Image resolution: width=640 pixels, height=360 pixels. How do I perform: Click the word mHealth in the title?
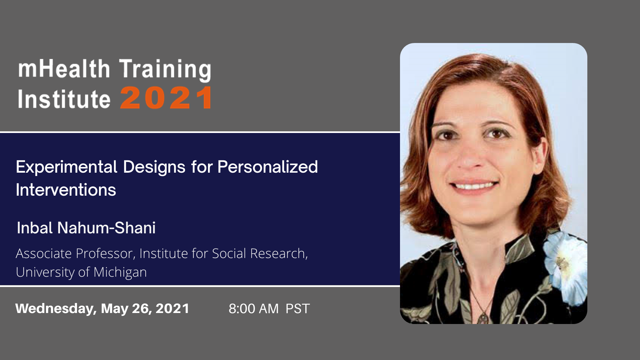click(x=64, y=69)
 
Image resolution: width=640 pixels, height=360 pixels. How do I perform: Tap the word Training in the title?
click(x=165, y=70)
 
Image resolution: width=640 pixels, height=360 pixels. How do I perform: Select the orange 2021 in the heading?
click(x=166, y=98)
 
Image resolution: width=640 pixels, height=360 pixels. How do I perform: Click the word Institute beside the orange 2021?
click(x=64, y=99)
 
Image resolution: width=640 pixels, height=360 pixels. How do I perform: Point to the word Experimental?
click(x=66, y=167)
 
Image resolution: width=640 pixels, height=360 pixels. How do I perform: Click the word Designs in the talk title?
click(x=154, y=167)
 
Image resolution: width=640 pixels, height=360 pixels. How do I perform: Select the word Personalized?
click(x=268, y=167)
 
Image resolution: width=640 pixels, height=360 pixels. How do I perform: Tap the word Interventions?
click(x=66, y=190)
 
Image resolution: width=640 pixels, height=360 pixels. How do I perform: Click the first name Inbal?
click(x=35, y=228)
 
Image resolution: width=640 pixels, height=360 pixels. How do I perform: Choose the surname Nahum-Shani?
click(x=106, y=228)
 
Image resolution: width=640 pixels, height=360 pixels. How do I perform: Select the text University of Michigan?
click(x=81, y=272)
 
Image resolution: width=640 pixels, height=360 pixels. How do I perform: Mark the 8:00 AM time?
click(x=254, y=309)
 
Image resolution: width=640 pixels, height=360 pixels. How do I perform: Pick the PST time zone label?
click(x=298, y=309)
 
